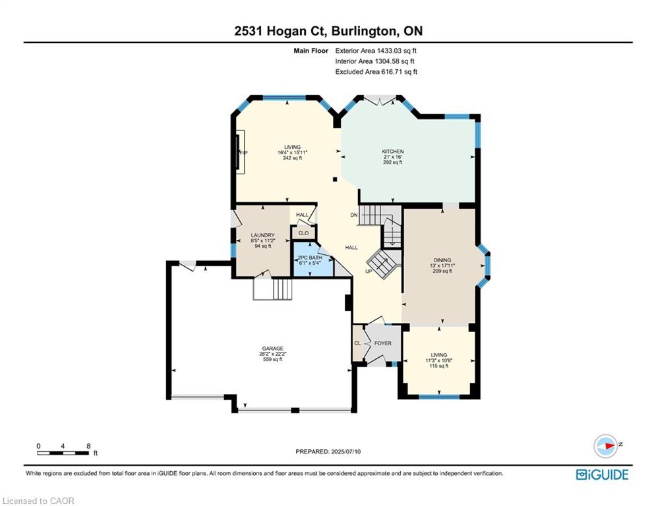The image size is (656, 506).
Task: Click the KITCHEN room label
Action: [x=392, y=152]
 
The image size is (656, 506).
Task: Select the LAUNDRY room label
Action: [x=262, y=235]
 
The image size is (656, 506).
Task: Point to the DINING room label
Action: [x=442, y=260]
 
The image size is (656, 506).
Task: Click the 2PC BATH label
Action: [x=308, y=258]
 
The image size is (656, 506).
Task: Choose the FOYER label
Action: [x=382, y=343]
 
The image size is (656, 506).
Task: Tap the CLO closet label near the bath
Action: [x=303, y=233]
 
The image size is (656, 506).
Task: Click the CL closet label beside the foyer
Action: [x=357, y=343]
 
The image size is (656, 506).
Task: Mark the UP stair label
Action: [x=369, y=271]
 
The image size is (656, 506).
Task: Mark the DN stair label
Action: [x=353, y=215]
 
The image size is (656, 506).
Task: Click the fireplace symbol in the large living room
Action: [x=241, y=152]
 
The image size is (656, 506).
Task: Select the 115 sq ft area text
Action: [x=438, y=366]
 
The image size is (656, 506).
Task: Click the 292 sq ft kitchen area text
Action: [x=392, y=162]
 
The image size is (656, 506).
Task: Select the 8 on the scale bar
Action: [x=88, y=446]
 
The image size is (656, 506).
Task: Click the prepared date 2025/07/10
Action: [x=353, y=451]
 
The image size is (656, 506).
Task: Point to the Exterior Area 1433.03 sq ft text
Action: [x=376, y=50]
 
